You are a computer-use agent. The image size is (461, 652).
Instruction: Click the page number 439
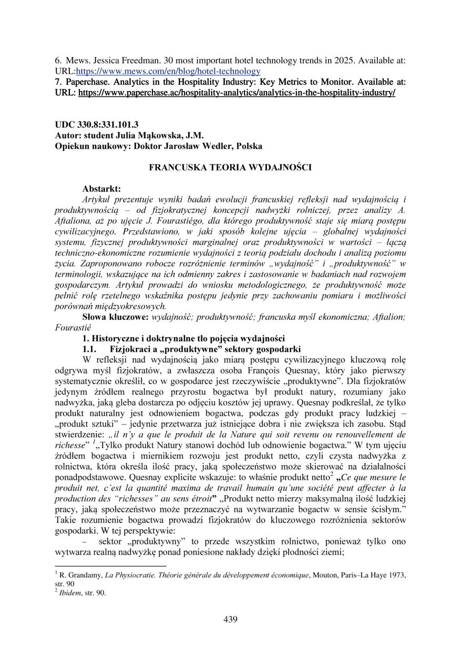click(x=230, y=619)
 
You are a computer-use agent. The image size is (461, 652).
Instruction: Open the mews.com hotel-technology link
click(x=168, y=71)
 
